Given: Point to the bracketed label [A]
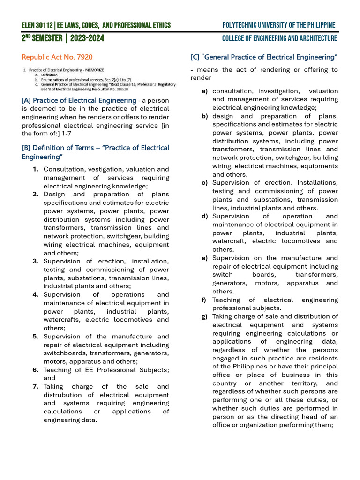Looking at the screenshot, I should point(26,100).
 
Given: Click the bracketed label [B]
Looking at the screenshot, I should point(26,148).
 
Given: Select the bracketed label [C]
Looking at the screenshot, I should point(195,57).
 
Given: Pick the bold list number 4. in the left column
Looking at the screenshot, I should point(36,294).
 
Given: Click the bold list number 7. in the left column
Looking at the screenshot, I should point(36,386).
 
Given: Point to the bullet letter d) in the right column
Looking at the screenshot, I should point(205,216).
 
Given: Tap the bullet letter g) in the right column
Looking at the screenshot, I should point(205,316).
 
